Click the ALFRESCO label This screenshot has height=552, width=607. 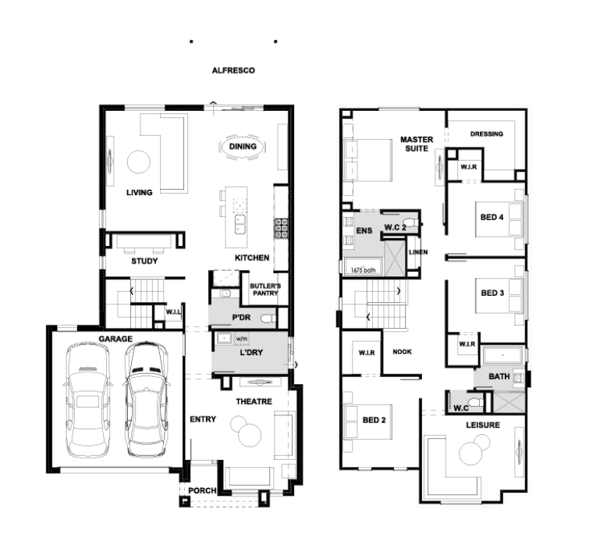click(233, 70)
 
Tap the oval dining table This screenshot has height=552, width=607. click(243, 147)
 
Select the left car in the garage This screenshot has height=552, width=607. click(87, 400)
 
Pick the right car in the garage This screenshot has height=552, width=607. click(146, 399)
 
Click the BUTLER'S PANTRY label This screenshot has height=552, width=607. click(265, 290)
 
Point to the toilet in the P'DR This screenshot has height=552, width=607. click(268, 319)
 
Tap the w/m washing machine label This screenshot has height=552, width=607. click(241, 339)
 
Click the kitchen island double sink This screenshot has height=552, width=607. click(240, 225)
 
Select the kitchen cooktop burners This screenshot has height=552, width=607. click(282, 228)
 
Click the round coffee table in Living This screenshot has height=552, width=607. click(139, 162)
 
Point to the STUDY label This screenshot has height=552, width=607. click(144, 261)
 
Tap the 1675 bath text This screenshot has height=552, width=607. click(363, 270)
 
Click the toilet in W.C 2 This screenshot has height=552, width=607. click(414, 223)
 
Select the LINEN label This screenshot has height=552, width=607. click(418, 252)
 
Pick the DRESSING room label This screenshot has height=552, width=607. click(487, 134)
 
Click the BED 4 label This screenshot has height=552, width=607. click(492, 217)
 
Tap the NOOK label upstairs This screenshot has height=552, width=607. click(403, 351)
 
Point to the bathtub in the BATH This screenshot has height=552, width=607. click(503, 355)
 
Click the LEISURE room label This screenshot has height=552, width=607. click(483, 425)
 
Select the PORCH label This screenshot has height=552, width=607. click(202, 490)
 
